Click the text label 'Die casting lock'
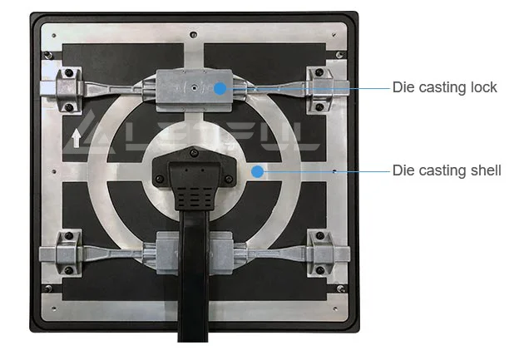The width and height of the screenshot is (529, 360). pyautogui.click(x=444, y=87)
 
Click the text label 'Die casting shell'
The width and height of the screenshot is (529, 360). pyautogui.click(x=447, y=171)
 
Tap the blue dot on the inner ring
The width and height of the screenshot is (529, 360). pyautogui.click(x=258, y=171)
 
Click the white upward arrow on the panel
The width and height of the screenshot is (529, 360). pyautogui.click(x=77, y=137)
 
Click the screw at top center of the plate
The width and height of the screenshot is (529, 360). pyautogui.click(x=192, y=34)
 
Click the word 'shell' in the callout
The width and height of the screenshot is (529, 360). pyautogui.click(x=485, y=171)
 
